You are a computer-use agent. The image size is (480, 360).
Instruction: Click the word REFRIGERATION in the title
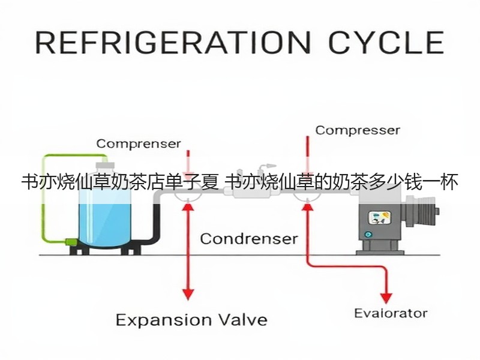(173, 42)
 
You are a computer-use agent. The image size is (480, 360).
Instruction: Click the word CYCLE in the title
(386, 42)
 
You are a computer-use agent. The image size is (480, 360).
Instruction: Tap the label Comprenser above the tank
(139, 143)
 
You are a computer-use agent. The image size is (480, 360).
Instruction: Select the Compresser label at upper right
(358, 130)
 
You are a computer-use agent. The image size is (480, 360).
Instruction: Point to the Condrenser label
(249, 239)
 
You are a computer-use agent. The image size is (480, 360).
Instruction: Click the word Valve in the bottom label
(244, 320)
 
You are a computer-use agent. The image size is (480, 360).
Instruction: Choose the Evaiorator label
(391, 313)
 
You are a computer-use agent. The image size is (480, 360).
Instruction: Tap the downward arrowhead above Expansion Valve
(188, 295)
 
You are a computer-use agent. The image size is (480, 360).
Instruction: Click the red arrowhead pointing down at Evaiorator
(386, 298)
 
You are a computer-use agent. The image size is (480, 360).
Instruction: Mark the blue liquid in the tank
(104, 224)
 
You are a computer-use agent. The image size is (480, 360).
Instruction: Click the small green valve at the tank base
(71, 242)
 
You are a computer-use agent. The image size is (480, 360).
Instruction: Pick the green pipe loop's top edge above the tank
(75, 155)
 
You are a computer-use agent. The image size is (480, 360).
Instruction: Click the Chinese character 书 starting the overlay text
(29, 182)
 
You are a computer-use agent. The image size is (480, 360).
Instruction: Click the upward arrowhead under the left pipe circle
(188, 207)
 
